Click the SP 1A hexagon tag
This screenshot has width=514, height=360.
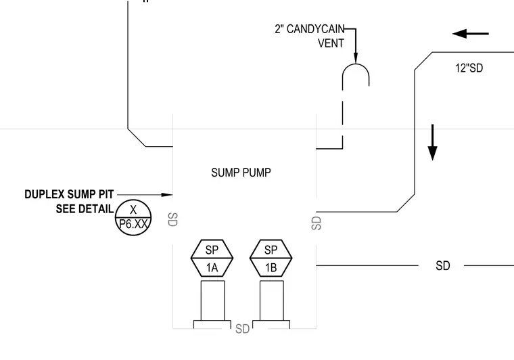coord(212,258)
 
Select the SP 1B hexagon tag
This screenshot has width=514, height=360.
coord(271,258)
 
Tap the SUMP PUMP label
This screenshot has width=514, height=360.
coord(241,173)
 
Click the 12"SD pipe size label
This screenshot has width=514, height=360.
coord(469,68)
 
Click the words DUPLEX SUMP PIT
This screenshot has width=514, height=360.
coord(69,194)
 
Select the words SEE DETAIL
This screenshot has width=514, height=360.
coord(85,209)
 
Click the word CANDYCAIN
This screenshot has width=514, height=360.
coord(315,29)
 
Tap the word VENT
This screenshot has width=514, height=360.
coord(331,43)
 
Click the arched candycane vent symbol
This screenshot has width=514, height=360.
coord(356,64)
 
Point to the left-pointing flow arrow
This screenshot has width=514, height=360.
coord(471,33)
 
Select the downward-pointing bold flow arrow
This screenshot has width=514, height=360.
coord(433,142)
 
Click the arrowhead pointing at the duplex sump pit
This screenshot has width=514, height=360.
coord(167,195)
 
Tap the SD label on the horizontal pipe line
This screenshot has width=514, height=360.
coord(442,265)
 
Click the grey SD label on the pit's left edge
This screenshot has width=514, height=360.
coord(172,219)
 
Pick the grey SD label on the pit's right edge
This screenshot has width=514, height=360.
coord(317,223)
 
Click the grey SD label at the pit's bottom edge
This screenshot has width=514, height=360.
coord(243,328)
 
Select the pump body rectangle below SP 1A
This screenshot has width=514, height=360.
coord(213,300)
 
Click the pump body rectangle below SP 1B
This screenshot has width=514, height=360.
coord(272,300)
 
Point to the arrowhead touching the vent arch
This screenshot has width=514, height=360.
coord(356,58)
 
